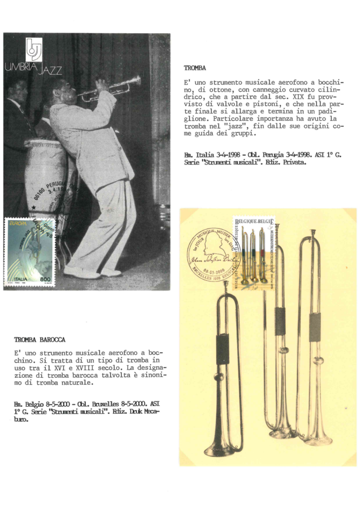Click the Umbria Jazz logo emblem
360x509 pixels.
(34, 50)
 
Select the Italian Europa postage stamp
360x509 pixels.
(30, 252)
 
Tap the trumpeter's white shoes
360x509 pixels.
(92, 272)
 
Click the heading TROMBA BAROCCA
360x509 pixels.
(40, 339)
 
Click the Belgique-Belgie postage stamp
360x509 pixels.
(254, 251)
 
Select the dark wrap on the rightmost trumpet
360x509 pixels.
(314, 327)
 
